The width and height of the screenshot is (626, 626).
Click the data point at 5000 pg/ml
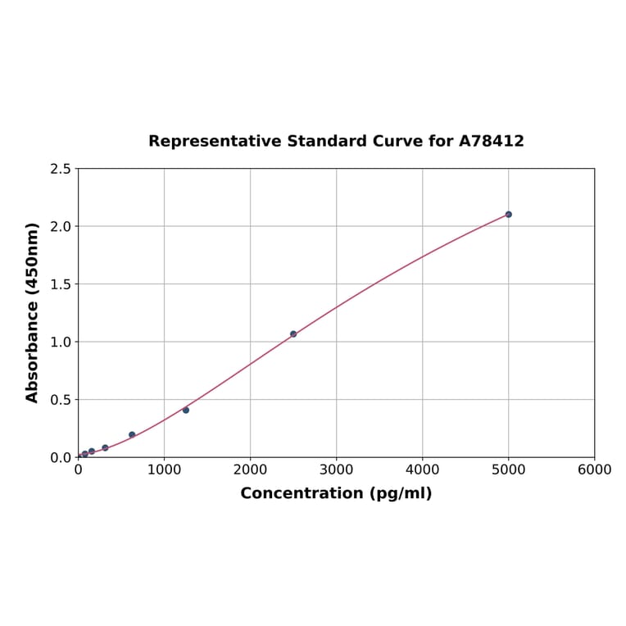508,215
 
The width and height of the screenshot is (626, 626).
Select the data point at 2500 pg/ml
293,334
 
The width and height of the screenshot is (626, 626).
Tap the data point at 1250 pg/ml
186,410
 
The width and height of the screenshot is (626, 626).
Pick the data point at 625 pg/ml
132,434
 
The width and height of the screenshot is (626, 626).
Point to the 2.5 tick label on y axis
60,169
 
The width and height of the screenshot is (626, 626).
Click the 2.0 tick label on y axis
60,226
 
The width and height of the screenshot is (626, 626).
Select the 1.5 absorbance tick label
60,284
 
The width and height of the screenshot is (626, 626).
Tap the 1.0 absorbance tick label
60,342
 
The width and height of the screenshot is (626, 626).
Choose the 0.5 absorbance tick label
60,400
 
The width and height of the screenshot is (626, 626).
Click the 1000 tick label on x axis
164,469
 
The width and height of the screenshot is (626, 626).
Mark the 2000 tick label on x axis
250,469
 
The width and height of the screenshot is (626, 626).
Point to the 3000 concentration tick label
336,469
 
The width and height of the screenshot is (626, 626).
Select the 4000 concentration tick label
422,469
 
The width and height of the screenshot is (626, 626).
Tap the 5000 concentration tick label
508,469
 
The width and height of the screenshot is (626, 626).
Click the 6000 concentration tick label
594,469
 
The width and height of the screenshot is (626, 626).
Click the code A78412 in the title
491,142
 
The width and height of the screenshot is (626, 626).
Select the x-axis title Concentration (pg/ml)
336,493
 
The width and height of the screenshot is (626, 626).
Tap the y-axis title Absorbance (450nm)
33,312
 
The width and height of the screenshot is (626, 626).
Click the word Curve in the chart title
398,142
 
